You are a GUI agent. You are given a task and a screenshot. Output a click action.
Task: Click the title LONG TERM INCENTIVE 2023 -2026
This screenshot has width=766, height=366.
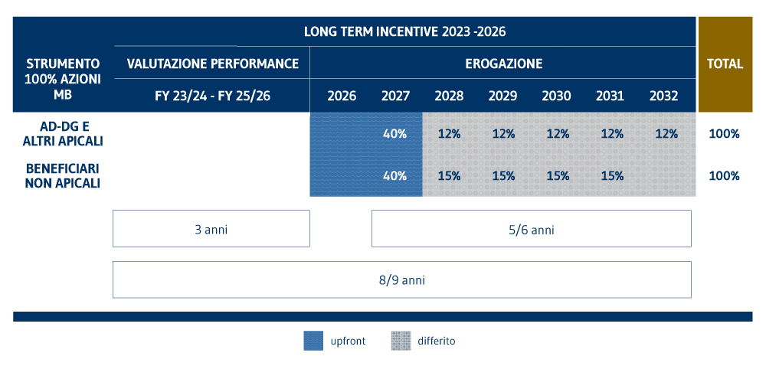point(404,32)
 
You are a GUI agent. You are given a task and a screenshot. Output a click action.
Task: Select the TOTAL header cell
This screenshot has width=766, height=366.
point(725,64)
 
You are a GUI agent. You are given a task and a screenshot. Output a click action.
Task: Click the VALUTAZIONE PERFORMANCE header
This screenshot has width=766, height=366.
point(212,64)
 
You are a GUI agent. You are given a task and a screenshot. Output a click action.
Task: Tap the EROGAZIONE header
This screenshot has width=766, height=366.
point(503,64)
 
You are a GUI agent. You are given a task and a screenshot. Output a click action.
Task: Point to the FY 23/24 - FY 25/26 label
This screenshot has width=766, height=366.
point(212,96)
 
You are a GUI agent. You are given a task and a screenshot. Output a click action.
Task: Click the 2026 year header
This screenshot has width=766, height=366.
point(342,96)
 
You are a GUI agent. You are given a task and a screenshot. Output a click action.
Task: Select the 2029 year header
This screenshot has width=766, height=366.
point(502,96)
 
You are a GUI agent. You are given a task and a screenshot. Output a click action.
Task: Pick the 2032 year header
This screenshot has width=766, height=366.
point(663,96)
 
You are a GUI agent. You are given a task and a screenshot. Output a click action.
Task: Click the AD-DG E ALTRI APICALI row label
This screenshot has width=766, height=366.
point(64,133)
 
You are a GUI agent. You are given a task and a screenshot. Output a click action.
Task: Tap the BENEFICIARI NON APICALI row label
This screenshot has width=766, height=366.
point(64,175)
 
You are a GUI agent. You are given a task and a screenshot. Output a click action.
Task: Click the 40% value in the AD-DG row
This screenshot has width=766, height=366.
point(394,133)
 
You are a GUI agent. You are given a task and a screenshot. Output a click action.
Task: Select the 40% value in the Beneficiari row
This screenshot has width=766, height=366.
point(394,175)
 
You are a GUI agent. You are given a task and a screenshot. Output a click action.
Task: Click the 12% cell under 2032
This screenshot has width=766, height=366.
point(666,133)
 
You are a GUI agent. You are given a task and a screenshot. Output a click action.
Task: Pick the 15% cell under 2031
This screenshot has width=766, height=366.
point(612,175)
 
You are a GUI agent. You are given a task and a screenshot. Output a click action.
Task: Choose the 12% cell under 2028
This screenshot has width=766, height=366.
point(449,133)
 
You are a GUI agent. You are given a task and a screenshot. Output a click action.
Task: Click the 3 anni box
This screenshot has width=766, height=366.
point(211,229)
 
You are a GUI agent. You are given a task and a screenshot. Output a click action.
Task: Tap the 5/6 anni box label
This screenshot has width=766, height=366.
point(531,229)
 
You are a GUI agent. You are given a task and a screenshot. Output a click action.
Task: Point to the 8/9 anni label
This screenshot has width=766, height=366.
point(401,279)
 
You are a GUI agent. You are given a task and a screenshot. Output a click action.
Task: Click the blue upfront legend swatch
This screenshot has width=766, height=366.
point(314,341)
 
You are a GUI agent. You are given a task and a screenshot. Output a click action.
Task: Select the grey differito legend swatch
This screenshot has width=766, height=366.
point(401,341)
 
